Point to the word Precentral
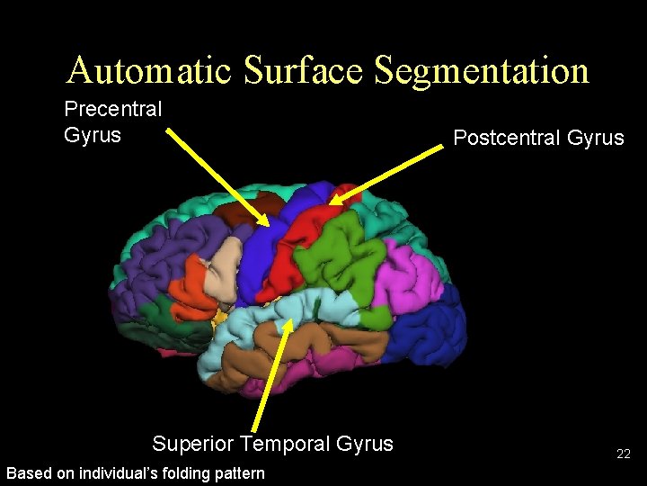click(113, 110)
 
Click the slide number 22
click(623, 454)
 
